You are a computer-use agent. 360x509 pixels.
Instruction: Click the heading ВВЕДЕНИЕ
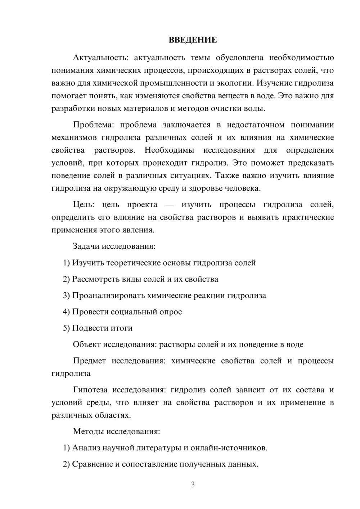click(x=193, y=40)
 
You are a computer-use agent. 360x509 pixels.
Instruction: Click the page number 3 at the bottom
click(x=193, y=485)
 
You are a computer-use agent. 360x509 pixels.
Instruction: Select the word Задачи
click(x=86, y=247)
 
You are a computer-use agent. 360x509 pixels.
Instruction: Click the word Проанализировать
click(x=108, y=296)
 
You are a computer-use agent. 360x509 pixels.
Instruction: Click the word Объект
click(x=87, y=344)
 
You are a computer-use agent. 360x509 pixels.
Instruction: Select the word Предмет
click(x=89, y=361)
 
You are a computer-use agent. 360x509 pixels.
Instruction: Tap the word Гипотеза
click(x=90, y=390)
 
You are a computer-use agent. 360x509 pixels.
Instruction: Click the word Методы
click(x=86, y=431)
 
